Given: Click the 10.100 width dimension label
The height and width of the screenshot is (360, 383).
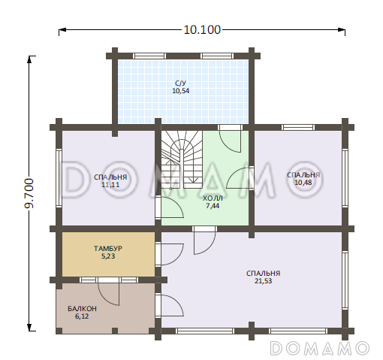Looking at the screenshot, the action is tap(202, 30).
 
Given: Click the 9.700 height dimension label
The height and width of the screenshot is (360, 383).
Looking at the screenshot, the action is tap(29, 193).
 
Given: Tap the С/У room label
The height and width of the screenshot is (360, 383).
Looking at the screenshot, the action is tap(180, 83).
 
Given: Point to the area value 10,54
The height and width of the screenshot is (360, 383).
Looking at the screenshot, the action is tap(180, 91).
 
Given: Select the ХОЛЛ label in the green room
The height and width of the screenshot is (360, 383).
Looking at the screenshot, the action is tap(213, 198).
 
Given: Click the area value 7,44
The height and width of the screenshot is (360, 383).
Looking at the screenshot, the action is tap(213, 206).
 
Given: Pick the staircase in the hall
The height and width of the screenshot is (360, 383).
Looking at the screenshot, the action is tap(182, 159).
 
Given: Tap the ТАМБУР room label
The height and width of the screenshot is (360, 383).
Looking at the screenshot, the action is tap(108, 249).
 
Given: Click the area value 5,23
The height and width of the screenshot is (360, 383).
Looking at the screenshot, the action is tap(108, 256).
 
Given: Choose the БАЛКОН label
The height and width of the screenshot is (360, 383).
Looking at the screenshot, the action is tap(82, 309).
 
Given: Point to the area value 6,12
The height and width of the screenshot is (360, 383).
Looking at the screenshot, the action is tap(82, 316).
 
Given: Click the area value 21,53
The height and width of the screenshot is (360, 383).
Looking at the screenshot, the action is tap(264, 281).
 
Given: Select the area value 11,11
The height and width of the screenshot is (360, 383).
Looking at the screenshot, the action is tap(110, 185).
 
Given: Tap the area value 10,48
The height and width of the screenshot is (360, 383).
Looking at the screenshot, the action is tap(303, 183).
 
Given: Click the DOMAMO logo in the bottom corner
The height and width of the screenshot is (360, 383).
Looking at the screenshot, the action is tap(320, 348).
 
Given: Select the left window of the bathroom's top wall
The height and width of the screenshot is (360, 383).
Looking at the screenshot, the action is tap(149, 56).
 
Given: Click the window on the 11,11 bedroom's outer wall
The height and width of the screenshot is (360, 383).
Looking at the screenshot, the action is tap(59, 178).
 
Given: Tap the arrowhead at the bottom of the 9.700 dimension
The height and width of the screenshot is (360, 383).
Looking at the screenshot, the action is tap(29, 327).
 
